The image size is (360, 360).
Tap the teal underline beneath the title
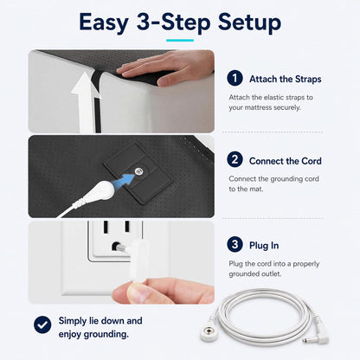(180, 41)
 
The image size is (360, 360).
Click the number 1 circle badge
(235, 78)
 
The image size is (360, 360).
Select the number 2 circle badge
(235, 159)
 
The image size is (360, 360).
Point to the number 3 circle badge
(235, 244)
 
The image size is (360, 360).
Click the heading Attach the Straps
(285, 79)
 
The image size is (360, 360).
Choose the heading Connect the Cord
(285, 161)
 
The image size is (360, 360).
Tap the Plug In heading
(264, 246)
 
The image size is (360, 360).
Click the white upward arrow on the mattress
(86, 102)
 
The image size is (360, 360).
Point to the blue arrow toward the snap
(124, 182)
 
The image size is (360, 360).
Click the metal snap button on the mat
(139, 171)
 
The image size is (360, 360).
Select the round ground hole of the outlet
(116, 247)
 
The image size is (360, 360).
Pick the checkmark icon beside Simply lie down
(42, 325)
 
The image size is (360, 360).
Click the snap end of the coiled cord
(209, 334)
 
